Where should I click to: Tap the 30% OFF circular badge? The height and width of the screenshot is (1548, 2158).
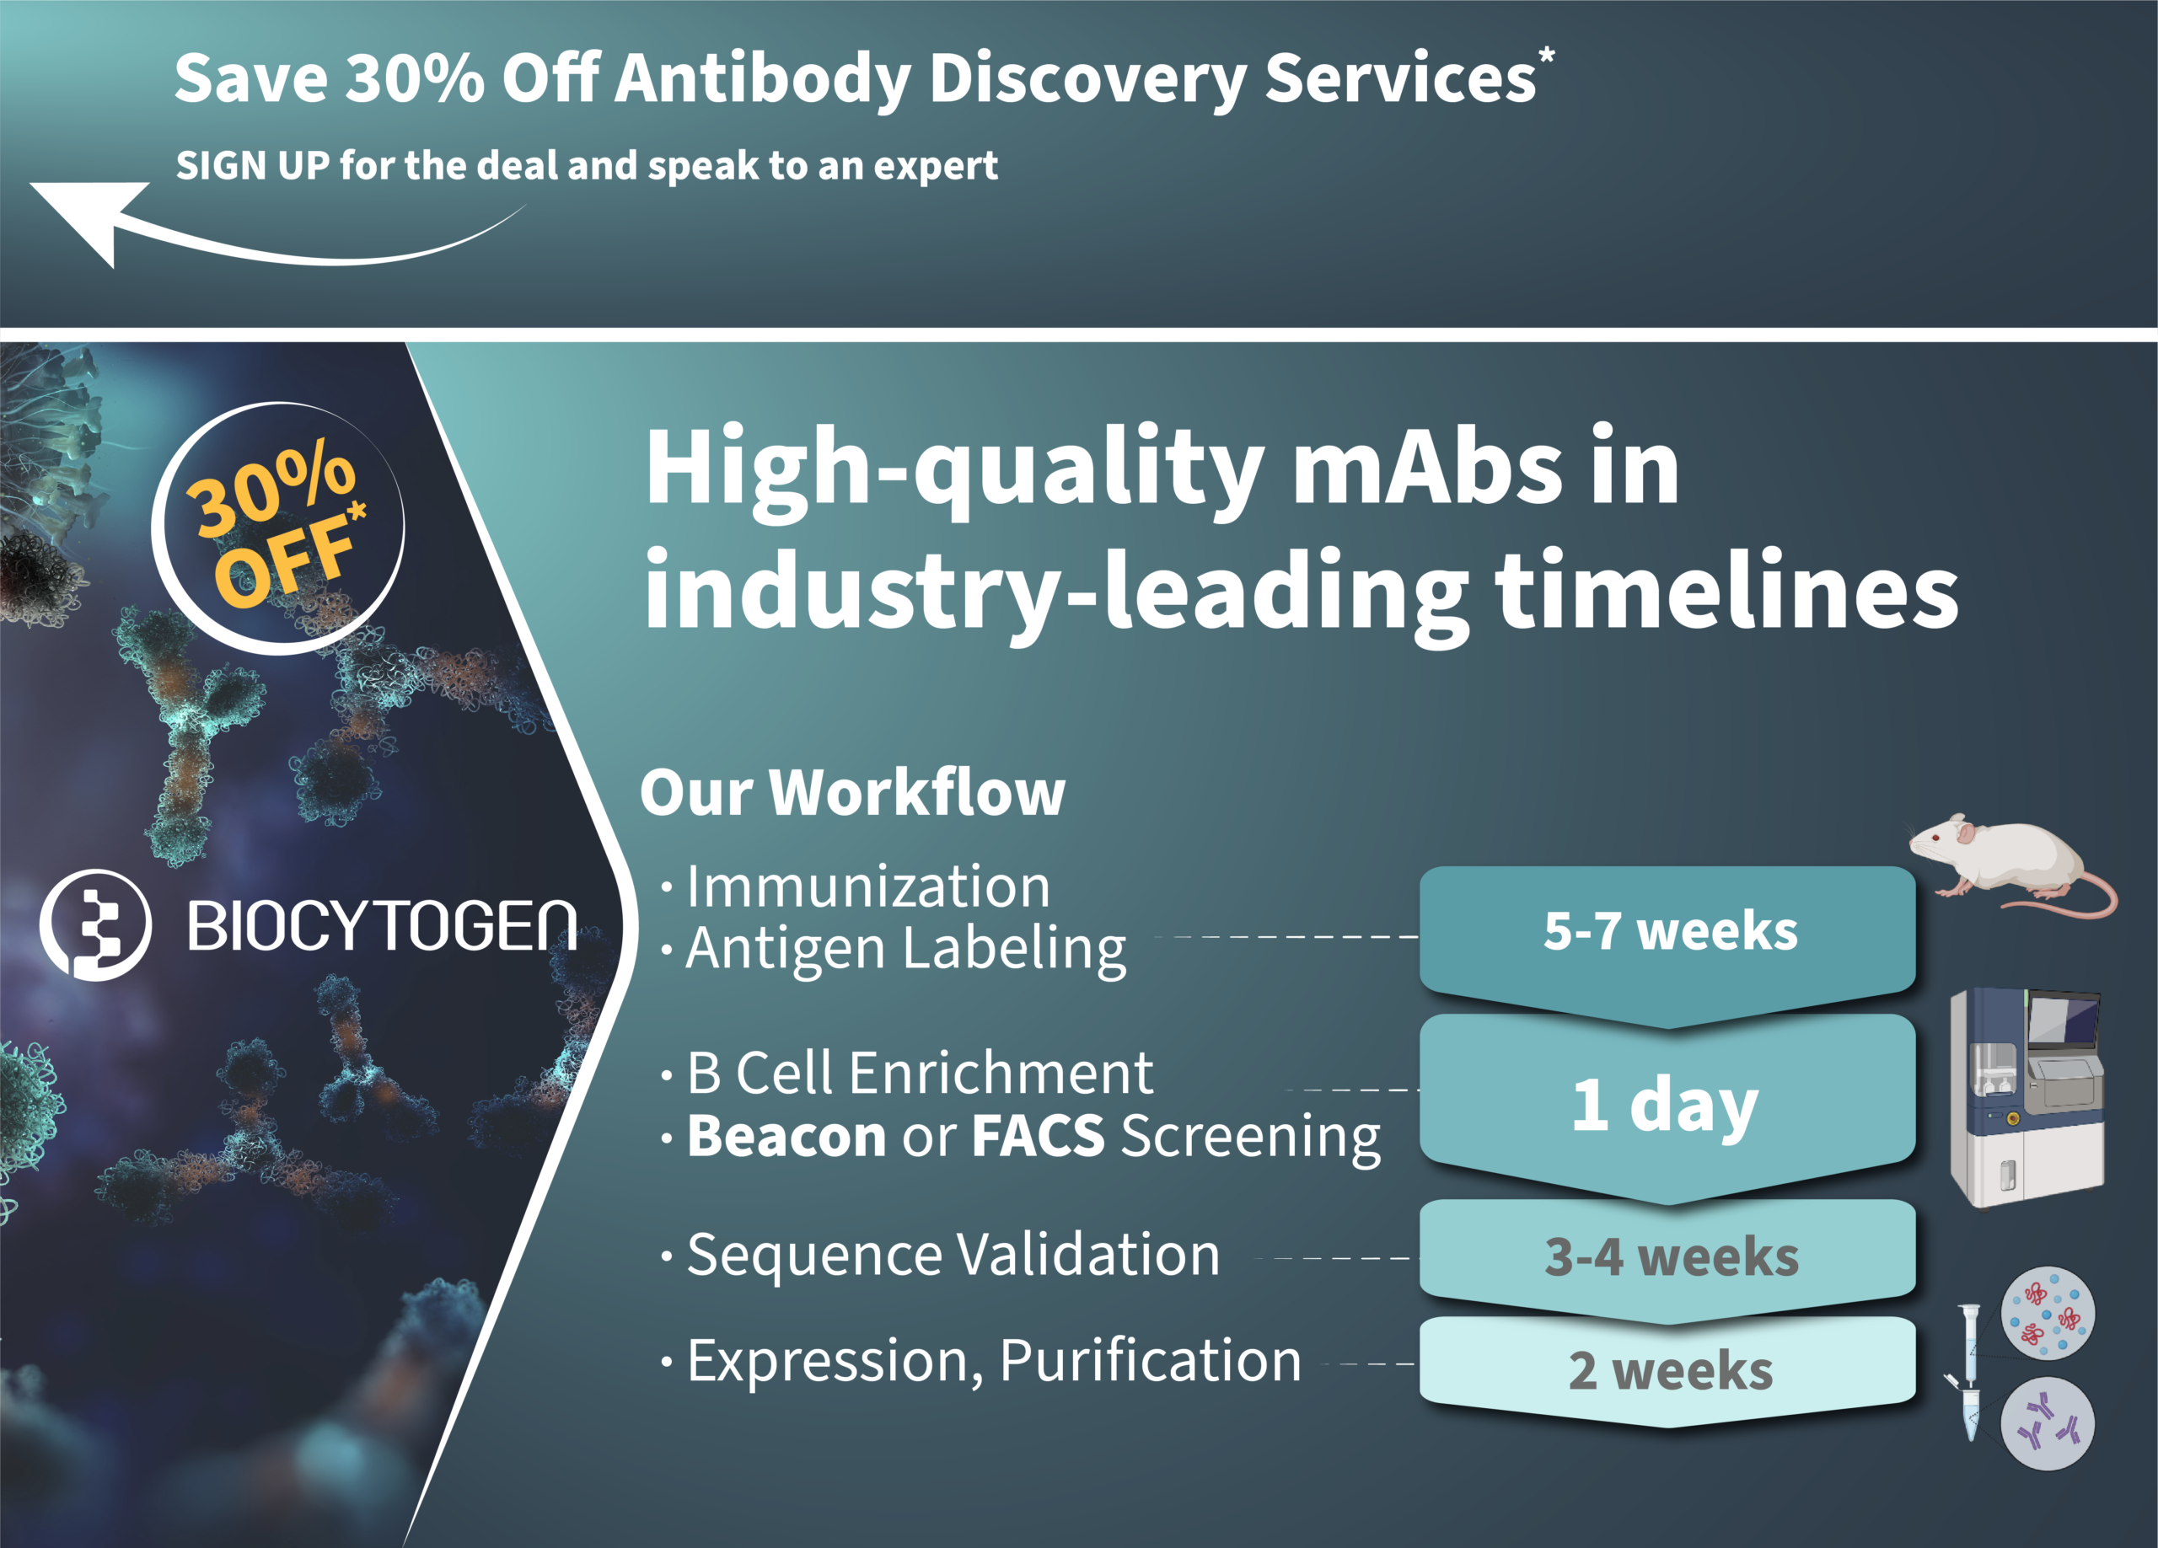coord(278,528)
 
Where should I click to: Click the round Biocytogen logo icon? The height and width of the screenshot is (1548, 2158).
coord(95,924)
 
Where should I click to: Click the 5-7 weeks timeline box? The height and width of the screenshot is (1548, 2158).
coord(1667,942)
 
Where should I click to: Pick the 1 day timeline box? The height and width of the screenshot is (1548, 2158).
coord(1667,1104)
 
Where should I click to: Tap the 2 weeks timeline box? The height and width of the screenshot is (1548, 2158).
coord(1667,1370)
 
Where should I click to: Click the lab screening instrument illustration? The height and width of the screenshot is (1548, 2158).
coord(2026,1098)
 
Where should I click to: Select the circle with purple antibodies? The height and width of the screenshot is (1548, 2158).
coord(2048,1423)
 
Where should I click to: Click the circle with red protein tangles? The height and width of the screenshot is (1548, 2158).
coord(2048,1314)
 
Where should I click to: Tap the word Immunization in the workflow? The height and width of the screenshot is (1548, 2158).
coord(867,886)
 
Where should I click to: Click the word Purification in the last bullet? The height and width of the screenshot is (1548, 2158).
coord(1151,1361)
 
